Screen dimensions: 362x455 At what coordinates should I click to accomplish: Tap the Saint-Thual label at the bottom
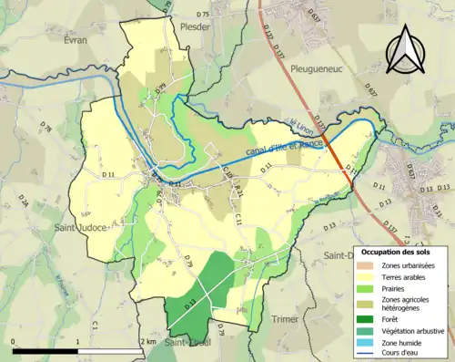(188, 342)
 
